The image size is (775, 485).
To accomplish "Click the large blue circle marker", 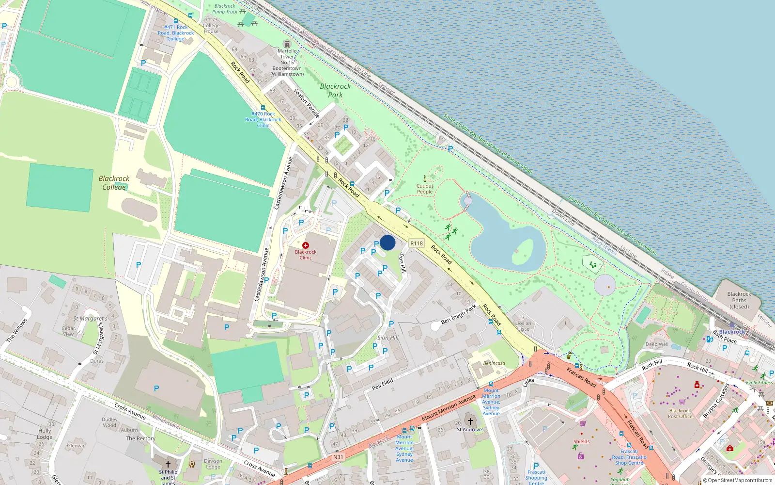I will [x=387, y=242].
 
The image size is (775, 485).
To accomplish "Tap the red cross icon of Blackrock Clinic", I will [x=306, y=245].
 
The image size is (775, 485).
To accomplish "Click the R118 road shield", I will [x=417, y=243].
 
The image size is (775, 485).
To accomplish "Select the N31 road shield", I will [x=338, y=457].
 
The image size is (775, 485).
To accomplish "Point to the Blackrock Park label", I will [x=335, y=90].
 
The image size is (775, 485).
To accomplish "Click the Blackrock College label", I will [x=114, y=183].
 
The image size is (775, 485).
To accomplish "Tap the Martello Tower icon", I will [x=287, y=44].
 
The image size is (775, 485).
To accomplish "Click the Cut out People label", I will [x=425, y=189].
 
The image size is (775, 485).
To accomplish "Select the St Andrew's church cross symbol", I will [x=470, y=421].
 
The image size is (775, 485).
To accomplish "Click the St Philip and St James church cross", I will [x=168, y=464].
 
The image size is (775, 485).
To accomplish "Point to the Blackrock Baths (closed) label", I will [x=739, y=300].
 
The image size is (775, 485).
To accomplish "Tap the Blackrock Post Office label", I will [x=680, y=413].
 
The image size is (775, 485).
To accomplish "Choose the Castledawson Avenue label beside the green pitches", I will [x=283, y=183].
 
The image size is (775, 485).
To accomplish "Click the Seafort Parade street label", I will [x=307, y=103].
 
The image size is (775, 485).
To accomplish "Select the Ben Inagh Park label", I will [x=458, y=314].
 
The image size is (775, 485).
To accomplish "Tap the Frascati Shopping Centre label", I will [x=536, y=477].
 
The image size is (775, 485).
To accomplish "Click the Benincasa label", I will [x=494, y=363].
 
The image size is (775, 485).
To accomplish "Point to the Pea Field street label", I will [x=383, y=385].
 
